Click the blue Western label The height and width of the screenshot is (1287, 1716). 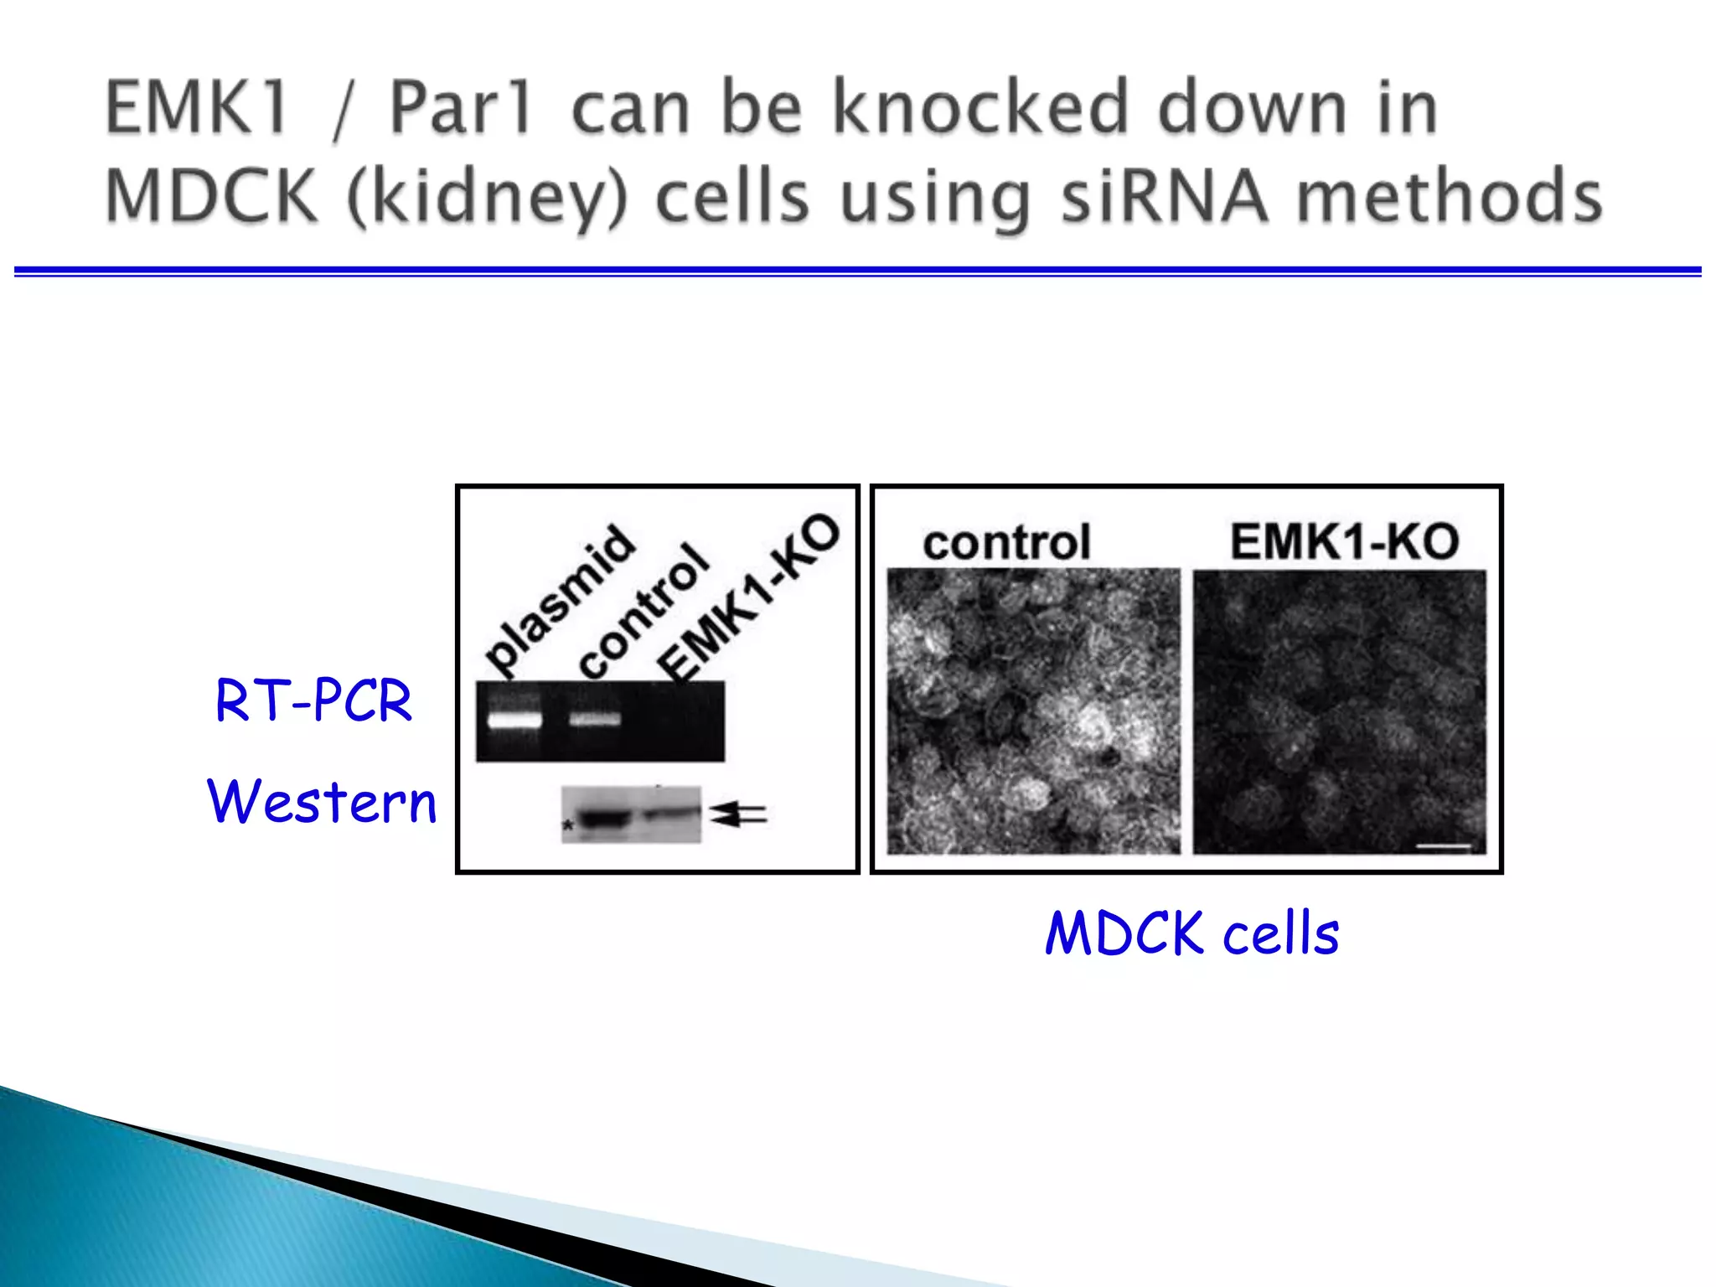(x=322, y=801)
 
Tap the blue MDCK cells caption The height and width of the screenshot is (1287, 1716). (x=1191, y=933)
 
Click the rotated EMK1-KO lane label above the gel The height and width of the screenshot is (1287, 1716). (x=748, y=598)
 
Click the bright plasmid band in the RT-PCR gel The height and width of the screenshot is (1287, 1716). (x=514, y=719)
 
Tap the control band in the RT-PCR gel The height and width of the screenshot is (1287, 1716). (x=595, y=719)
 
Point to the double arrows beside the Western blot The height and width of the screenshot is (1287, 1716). (x=739, y=814)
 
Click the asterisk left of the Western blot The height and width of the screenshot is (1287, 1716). (x=568, y=826)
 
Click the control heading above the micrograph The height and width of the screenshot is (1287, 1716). (x=1006, y=543)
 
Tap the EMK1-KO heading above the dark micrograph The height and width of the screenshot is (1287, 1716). (x=1344, y=541)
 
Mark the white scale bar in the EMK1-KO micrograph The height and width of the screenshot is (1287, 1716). (x=1443, y=846)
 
